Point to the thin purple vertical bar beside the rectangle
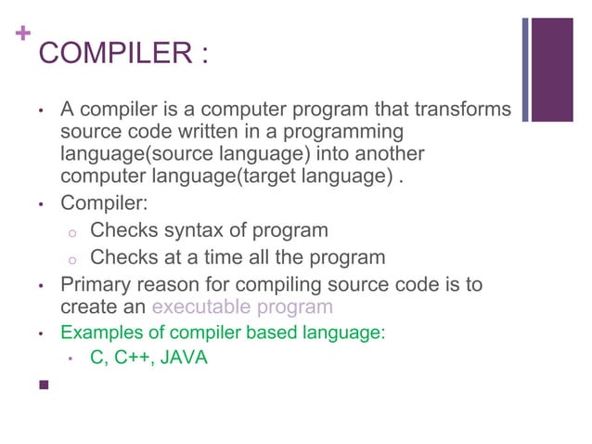coord(525,70)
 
